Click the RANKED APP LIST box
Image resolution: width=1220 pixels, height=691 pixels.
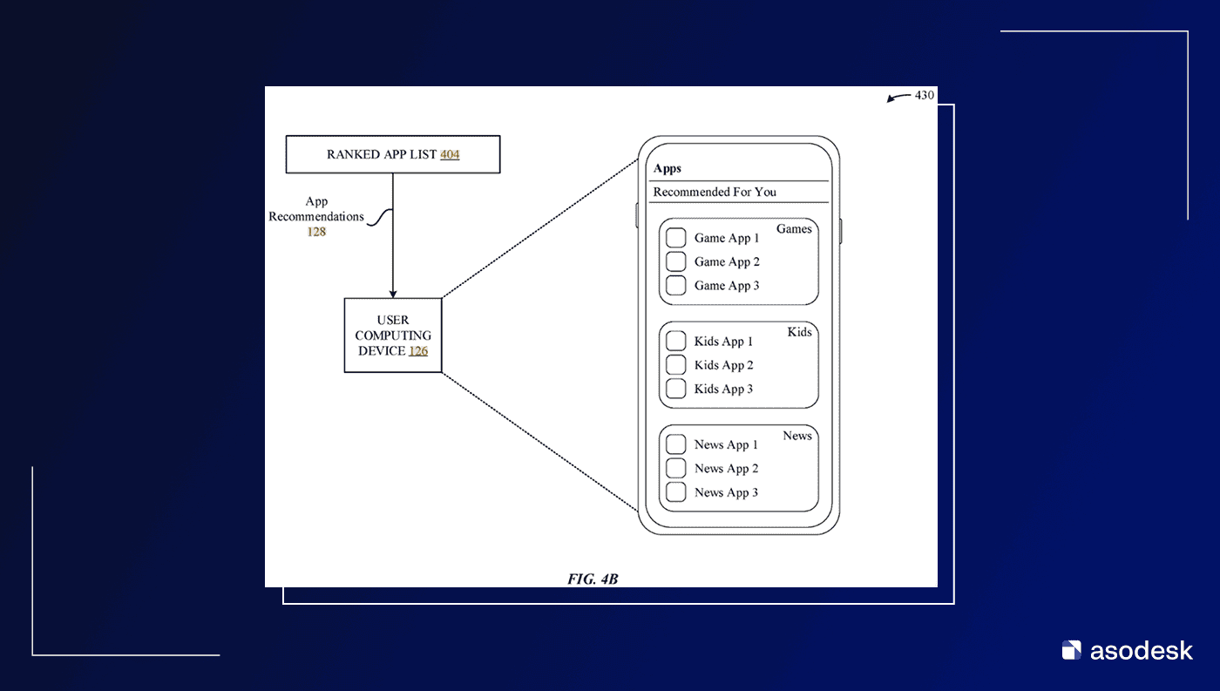pyautogui.click(x=392, y=154)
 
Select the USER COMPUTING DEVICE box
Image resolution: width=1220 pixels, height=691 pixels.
pyautogui.click(x=393, y=335)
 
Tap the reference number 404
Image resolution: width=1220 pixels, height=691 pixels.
pyautogui.click(x=450, y=155)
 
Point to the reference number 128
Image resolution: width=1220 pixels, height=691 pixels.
pyautogui.click(x=316, y=232)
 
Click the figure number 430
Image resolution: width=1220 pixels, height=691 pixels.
pyautogui.click(x=924, y=95)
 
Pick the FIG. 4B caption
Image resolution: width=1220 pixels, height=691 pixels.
pyautogui.click(x=593, y=579)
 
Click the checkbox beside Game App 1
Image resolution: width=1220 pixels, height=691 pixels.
pyautogui.click(x=675, y=238)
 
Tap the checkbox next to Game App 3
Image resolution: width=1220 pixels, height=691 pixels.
pyautogui.click(x=675, y=285)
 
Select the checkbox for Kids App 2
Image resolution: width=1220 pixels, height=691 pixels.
pyautogui.click(x=675, y=365)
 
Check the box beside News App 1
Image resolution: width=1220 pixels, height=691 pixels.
pyautogui.click(x=675, y=444)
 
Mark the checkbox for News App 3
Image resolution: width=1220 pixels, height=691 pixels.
pyautogui.click(x=675, y=492)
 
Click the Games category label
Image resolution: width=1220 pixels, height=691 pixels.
pyautogui.click(x=794, y=229)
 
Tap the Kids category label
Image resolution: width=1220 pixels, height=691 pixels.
pyautogui.click(x=799, y=332)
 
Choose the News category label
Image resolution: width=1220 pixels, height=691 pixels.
pyautogui.click(x=796, y=436)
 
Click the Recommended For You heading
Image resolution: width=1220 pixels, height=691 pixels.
pyautogui.click(x=715, y=192)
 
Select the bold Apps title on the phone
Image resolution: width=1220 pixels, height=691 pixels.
pyautogui.click(x=668, y=168)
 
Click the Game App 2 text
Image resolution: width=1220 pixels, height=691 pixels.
pyautogui.click(x=727, y=261)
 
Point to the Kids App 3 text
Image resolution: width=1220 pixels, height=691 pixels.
pyautogui.click(x=723, y=389)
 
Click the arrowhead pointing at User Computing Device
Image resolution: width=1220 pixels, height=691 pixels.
pyautogui.click(x=393, y=294)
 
